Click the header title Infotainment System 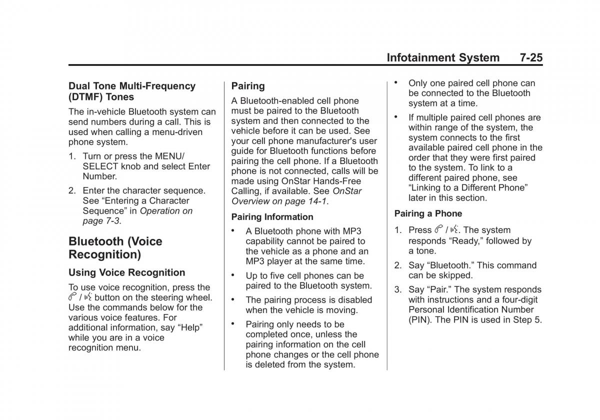point(442,57)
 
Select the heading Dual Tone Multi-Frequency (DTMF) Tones point(132,91)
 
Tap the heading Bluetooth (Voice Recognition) point(115,248)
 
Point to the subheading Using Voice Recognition point(126,272)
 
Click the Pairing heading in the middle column point(248,86)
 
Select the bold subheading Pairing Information point(272,217)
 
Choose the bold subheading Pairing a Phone point(428,213)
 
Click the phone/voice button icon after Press point(446,230)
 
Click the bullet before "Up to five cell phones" point(233,275)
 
